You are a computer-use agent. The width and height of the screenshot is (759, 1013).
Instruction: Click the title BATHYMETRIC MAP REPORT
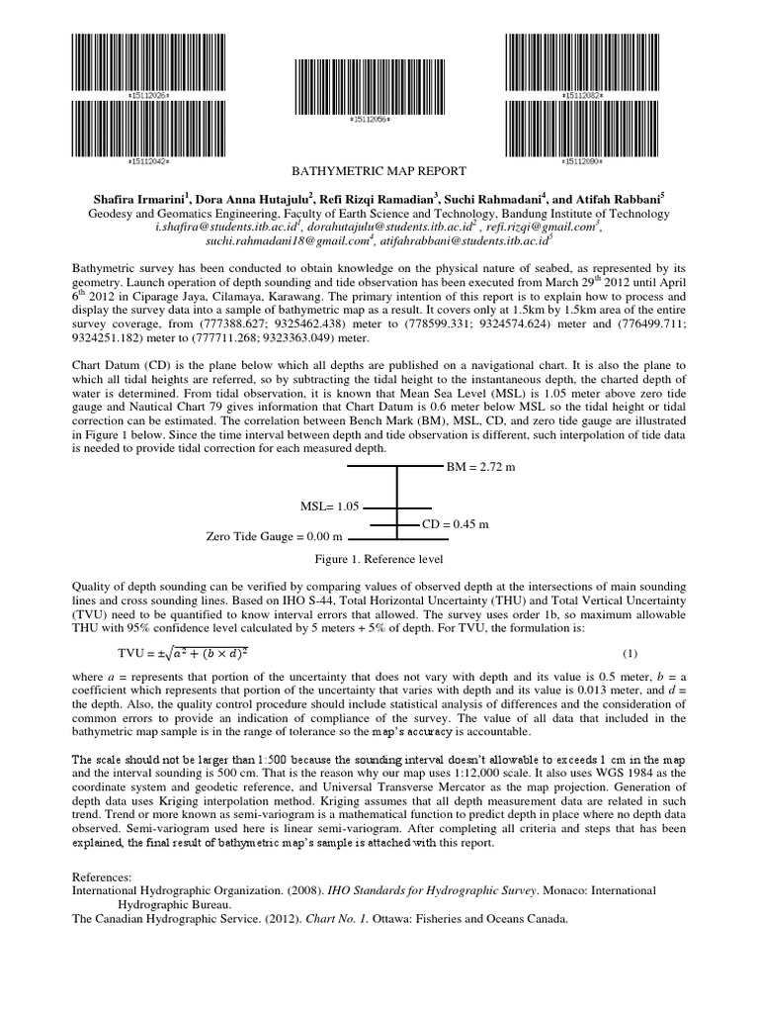(x=376, y=172)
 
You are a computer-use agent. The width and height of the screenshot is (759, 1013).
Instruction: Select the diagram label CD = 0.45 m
(x=456, y=523)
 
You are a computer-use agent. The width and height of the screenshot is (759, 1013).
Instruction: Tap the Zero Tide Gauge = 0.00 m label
(x=274, y=536)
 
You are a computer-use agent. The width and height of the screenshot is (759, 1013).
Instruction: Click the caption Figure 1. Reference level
(x=372, y=559)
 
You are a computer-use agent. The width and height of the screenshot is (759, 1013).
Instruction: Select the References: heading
(x=103, y=876)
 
